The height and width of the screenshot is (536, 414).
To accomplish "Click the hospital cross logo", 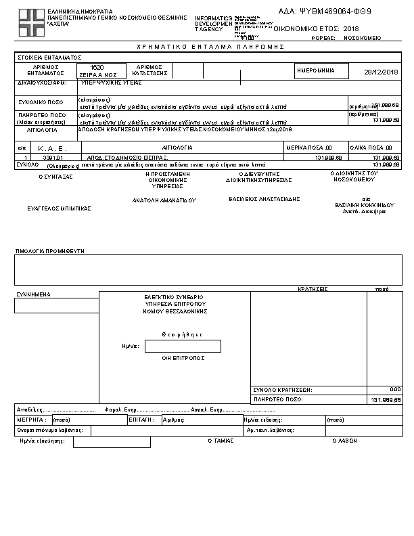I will [x=29, y=22].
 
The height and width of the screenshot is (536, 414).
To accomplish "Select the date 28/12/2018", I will [x=382, y=72].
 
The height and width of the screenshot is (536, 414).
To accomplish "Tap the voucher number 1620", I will [x=97, y=68].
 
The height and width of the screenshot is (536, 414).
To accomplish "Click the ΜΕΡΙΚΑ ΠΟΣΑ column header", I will [x=310, y=147].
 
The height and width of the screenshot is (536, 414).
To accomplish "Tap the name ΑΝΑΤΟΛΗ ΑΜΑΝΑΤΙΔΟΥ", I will [x=164, y=200].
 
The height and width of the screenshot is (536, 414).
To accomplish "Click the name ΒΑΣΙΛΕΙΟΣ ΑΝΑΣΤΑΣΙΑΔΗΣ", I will [x=264, y=199].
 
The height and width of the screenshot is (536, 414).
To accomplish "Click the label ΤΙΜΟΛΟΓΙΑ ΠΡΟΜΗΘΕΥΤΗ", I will [x=49, y=251].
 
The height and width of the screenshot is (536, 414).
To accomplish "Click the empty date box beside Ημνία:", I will [x=183, y=346].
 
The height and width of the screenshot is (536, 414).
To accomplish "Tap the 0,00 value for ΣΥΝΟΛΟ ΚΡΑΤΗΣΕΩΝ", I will [x=395, y=390].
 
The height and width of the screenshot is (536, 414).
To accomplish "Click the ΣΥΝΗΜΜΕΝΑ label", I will [x=33, y=294].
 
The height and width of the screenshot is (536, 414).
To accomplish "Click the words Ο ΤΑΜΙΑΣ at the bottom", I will [x=221, y=440].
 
